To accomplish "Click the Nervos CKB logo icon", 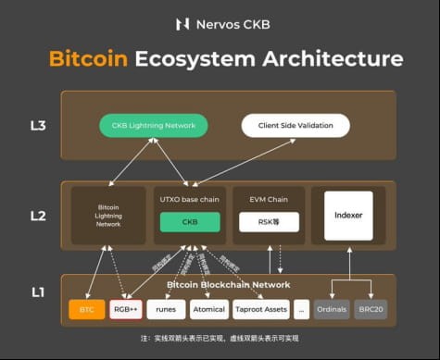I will coord(182,24).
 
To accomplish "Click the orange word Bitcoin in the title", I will coord(88,60).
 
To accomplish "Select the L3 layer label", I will coord(37,124).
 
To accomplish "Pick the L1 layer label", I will coord(37,292).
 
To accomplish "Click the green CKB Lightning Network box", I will coord(155,124).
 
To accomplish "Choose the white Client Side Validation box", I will coord(295,124).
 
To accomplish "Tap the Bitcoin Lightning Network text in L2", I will coord(108,217).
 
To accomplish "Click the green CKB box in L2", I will coord(190,222).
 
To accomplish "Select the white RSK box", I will coord(266,222).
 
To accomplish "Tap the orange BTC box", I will coord(86,309).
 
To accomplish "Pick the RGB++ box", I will coord(126,309).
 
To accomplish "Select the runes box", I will coord(166,309).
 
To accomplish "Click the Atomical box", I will coord(208,309).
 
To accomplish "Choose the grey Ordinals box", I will coord(332,309).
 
